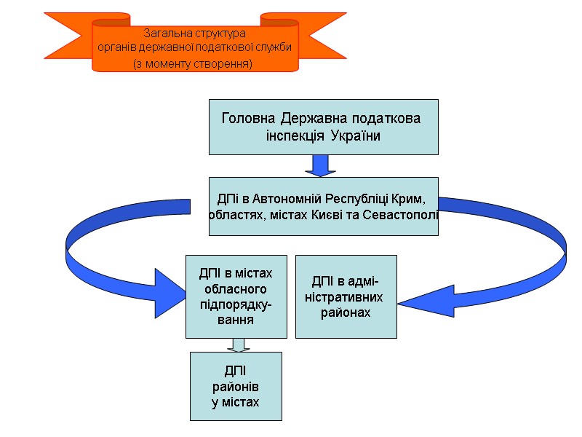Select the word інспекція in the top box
(x=295, y=135)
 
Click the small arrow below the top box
(x=319, y=165)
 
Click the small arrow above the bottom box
(x=235, y=345)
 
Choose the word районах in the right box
(x=346, y=312)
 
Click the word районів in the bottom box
(x=235, y=387)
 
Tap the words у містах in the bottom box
(x=235, y=402)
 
